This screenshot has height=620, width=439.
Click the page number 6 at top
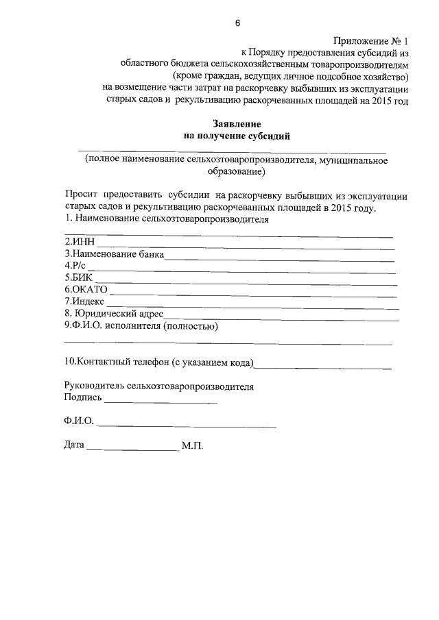point(237,23)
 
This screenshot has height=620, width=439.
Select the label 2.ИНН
point(79,242)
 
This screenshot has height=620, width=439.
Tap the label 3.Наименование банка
point(114,253)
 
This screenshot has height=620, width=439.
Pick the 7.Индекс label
point(84,301)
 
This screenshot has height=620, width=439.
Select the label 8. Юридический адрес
point(114,314)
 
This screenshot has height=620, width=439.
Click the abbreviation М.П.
point(193,445)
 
